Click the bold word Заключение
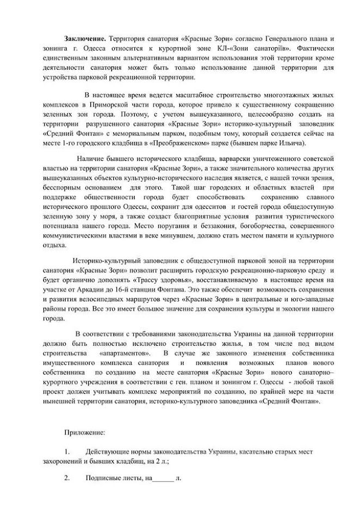click(86, 41)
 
